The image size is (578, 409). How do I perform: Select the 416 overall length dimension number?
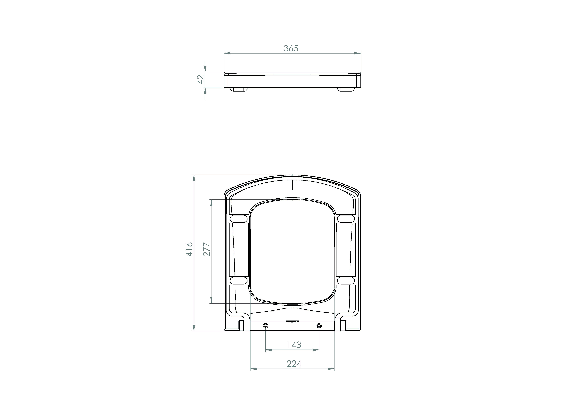tap(189, 249)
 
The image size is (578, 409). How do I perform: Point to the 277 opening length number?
tap(207, 249)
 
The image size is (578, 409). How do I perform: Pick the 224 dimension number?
tap(294, 364)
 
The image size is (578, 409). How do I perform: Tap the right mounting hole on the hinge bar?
tap(319, 326)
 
